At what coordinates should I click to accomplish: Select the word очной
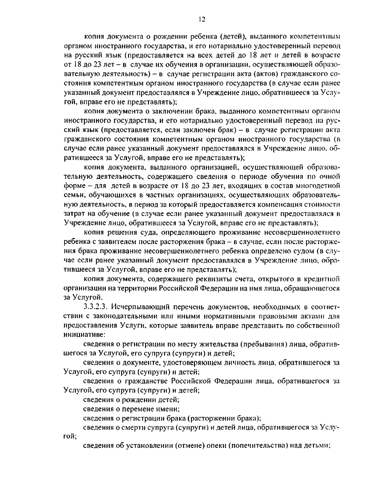coord(330,177)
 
